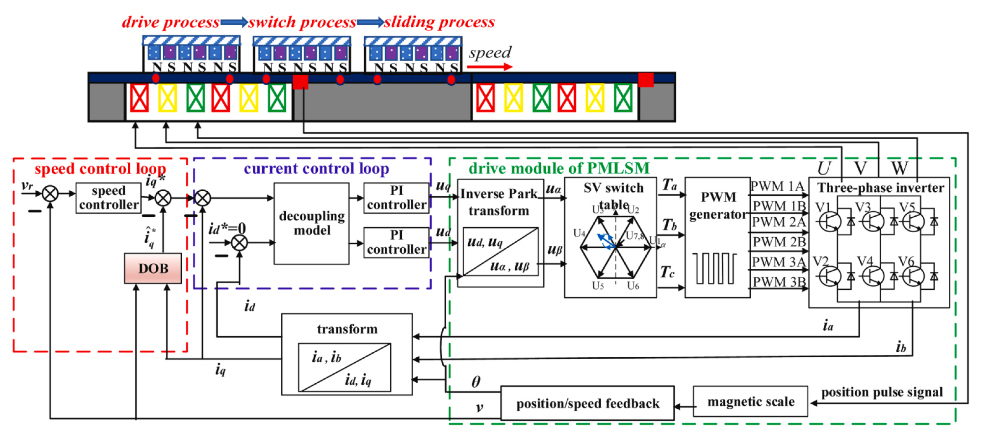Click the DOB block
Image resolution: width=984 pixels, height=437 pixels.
coord(153,268)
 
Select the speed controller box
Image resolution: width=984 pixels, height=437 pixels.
coord(109,198)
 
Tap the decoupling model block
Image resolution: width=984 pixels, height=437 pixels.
coord(311,223)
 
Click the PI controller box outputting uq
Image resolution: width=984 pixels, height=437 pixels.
coord(396,198)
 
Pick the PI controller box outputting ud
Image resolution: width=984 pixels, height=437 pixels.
coord(396,242)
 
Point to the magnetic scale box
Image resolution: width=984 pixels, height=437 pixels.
coord(750,401)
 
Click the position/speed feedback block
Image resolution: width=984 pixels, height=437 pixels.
coord(587,403)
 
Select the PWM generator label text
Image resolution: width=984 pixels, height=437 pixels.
coord(718,206)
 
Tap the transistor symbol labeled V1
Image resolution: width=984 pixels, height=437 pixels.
coord(830,222)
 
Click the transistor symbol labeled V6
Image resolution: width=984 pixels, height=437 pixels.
coord(913,276)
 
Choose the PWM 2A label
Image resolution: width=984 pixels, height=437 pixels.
coord(779,222)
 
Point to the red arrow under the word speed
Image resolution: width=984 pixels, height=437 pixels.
coord(489,67)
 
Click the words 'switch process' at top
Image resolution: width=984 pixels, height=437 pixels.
coord(302,22)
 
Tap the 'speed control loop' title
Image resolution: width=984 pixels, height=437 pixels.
coord(100,169)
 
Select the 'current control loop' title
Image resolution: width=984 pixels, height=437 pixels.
coord(316,169)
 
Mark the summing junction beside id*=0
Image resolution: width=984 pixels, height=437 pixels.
coord(240,242)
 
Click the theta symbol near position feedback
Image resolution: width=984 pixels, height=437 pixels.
coord(476,382)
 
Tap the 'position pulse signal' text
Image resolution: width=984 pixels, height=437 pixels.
coord(882,392)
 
